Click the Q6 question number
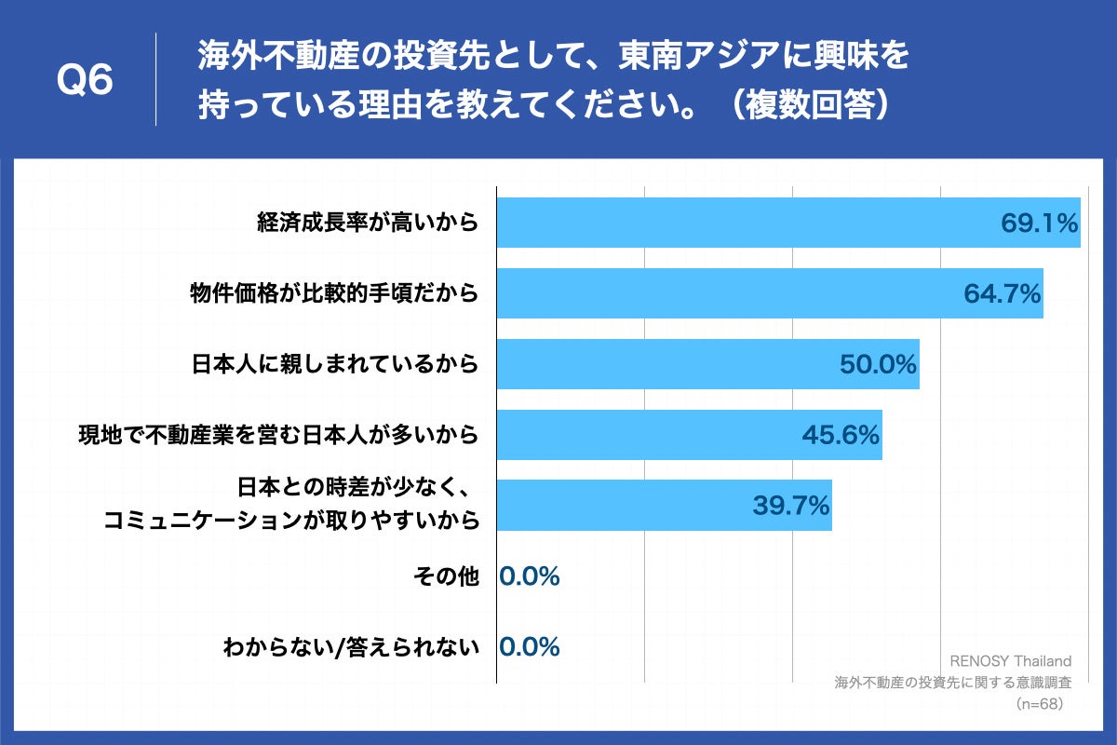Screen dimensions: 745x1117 tap(85, 81)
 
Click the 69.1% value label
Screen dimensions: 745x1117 tap(1039, 223)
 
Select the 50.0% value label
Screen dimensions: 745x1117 tap(879, 365)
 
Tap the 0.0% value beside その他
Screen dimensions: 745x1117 tap(530, 577)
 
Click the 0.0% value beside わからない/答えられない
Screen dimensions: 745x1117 tap(530, 647)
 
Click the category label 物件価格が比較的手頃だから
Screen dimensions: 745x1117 tap(334, 293)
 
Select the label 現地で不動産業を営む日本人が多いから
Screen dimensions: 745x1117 tap(278, 435)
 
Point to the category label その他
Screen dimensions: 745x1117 tap(445, 577)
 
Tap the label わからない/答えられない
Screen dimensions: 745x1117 tap(351, 647)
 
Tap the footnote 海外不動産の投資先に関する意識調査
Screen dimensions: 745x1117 tap(952, 682)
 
